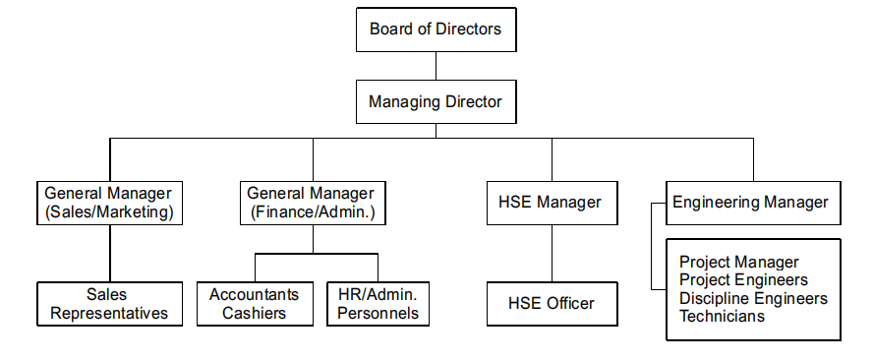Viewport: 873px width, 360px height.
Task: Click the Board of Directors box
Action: [436, 30]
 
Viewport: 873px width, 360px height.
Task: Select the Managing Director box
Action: [436, 102]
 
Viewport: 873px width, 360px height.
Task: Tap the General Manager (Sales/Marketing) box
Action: [110, 203]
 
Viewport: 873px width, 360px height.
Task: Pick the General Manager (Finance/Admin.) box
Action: [313, 203]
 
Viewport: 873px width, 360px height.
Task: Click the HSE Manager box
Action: [552, 203]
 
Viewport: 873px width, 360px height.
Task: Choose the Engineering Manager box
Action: [753, 203]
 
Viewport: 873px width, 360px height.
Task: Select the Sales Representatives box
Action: [110, 304]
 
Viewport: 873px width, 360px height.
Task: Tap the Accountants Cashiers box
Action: [255, 304]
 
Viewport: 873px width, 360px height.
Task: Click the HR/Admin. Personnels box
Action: [378, 304]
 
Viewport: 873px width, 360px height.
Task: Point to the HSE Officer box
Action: [552, 304]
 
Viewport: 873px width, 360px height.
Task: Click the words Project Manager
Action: [739, 262]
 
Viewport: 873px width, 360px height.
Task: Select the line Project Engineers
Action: [744, 279]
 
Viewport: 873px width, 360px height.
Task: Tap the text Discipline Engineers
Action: [754, 298]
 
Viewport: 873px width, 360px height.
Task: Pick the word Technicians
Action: [723, 316]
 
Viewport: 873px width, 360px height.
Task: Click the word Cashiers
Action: [255, 313]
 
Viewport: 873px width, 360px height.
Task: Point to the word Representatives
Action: [109, 313]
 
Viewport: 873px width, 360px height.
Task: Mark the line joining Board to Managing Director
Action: [436, 66]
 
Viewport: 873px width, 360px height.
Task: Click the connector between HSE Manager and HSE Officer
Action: [552, 253]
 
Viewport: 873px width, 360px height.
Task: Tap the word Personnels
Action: [378, 313]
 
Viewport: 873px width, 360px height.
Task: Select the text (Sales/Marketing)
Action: [110, 212]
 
